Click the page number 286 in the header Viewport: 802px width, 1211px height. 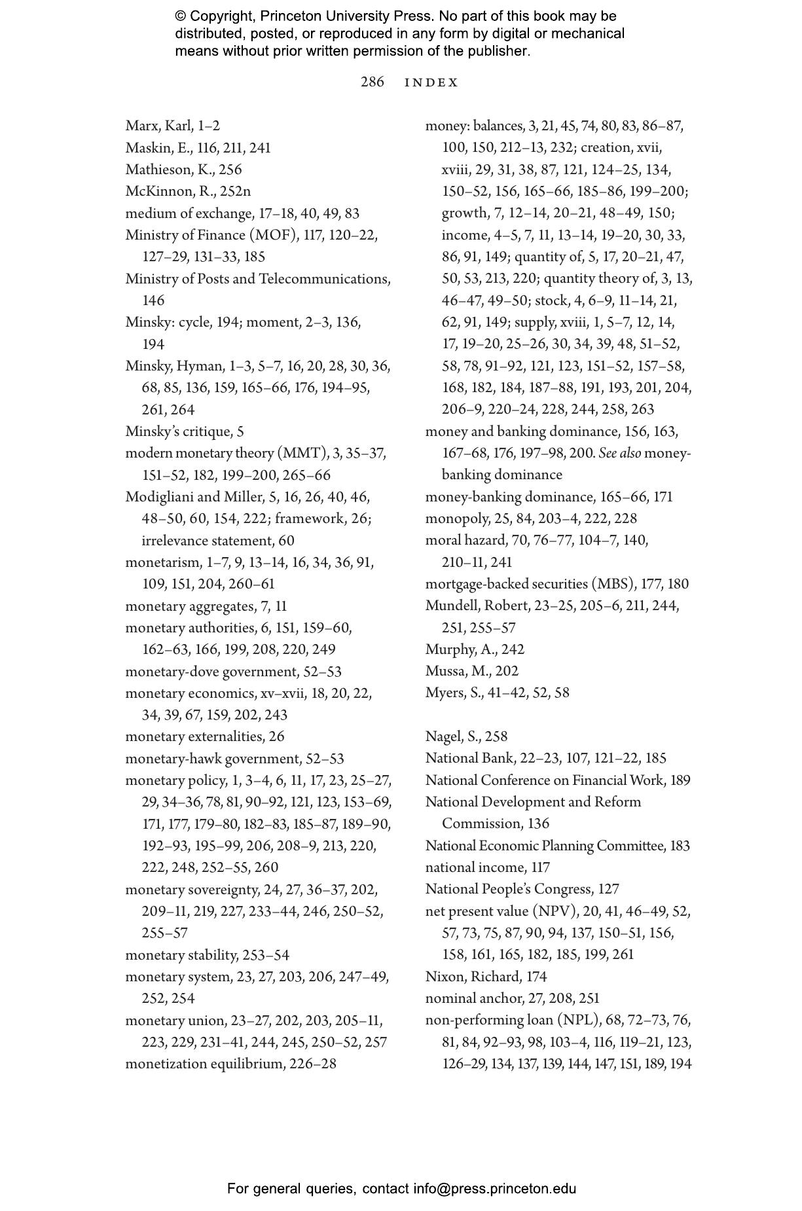(372, 82)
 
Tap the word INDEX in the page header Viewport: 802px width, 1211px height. (431, 82)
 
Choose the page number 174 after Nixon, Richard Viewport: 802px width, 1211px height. (536, 977)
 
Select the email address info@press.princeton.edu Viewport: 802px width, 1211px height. (494, 1189)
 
